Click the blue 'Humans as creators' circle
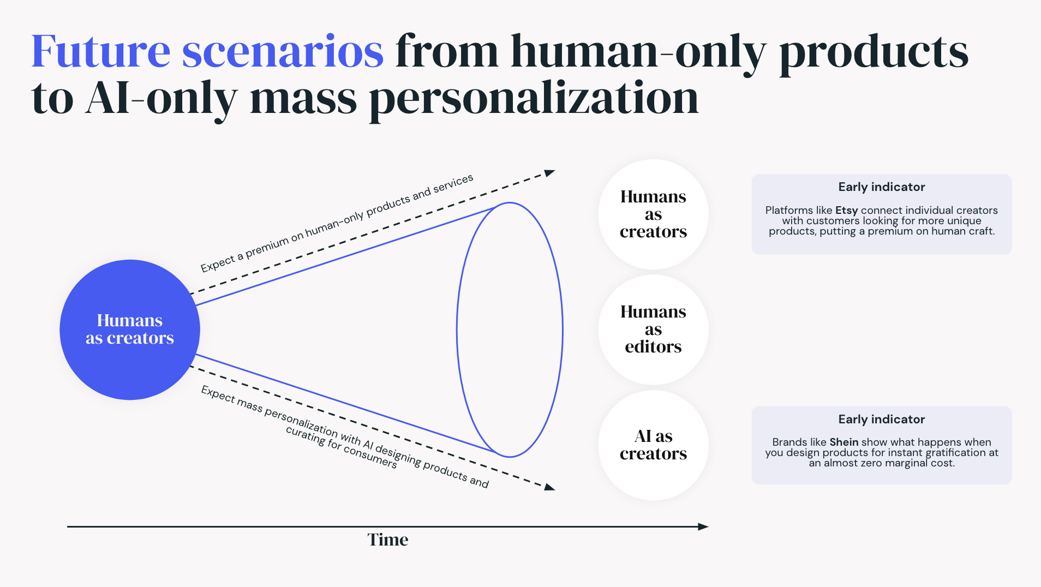(130, 330)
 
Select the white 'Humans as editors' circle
(653, 330)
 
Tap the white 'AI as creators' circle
(653, 445)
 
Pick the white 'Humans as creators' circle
(653, 214)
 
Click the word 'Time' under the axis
(387, 540)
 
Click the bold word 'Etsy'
(846, 211)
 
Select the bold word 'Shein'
(843, 442)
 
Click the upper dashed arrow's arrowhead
(549, 173)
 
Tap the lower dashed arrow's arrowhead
(549, 487)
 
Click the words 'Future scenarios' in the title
(207, 51)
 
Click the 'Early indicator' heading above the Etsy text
(881, 187)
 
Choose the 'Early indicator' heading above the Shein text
(881, 420)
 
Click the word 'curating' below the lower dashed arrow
(306, 436)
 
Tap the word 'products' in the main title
(873, 51)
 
